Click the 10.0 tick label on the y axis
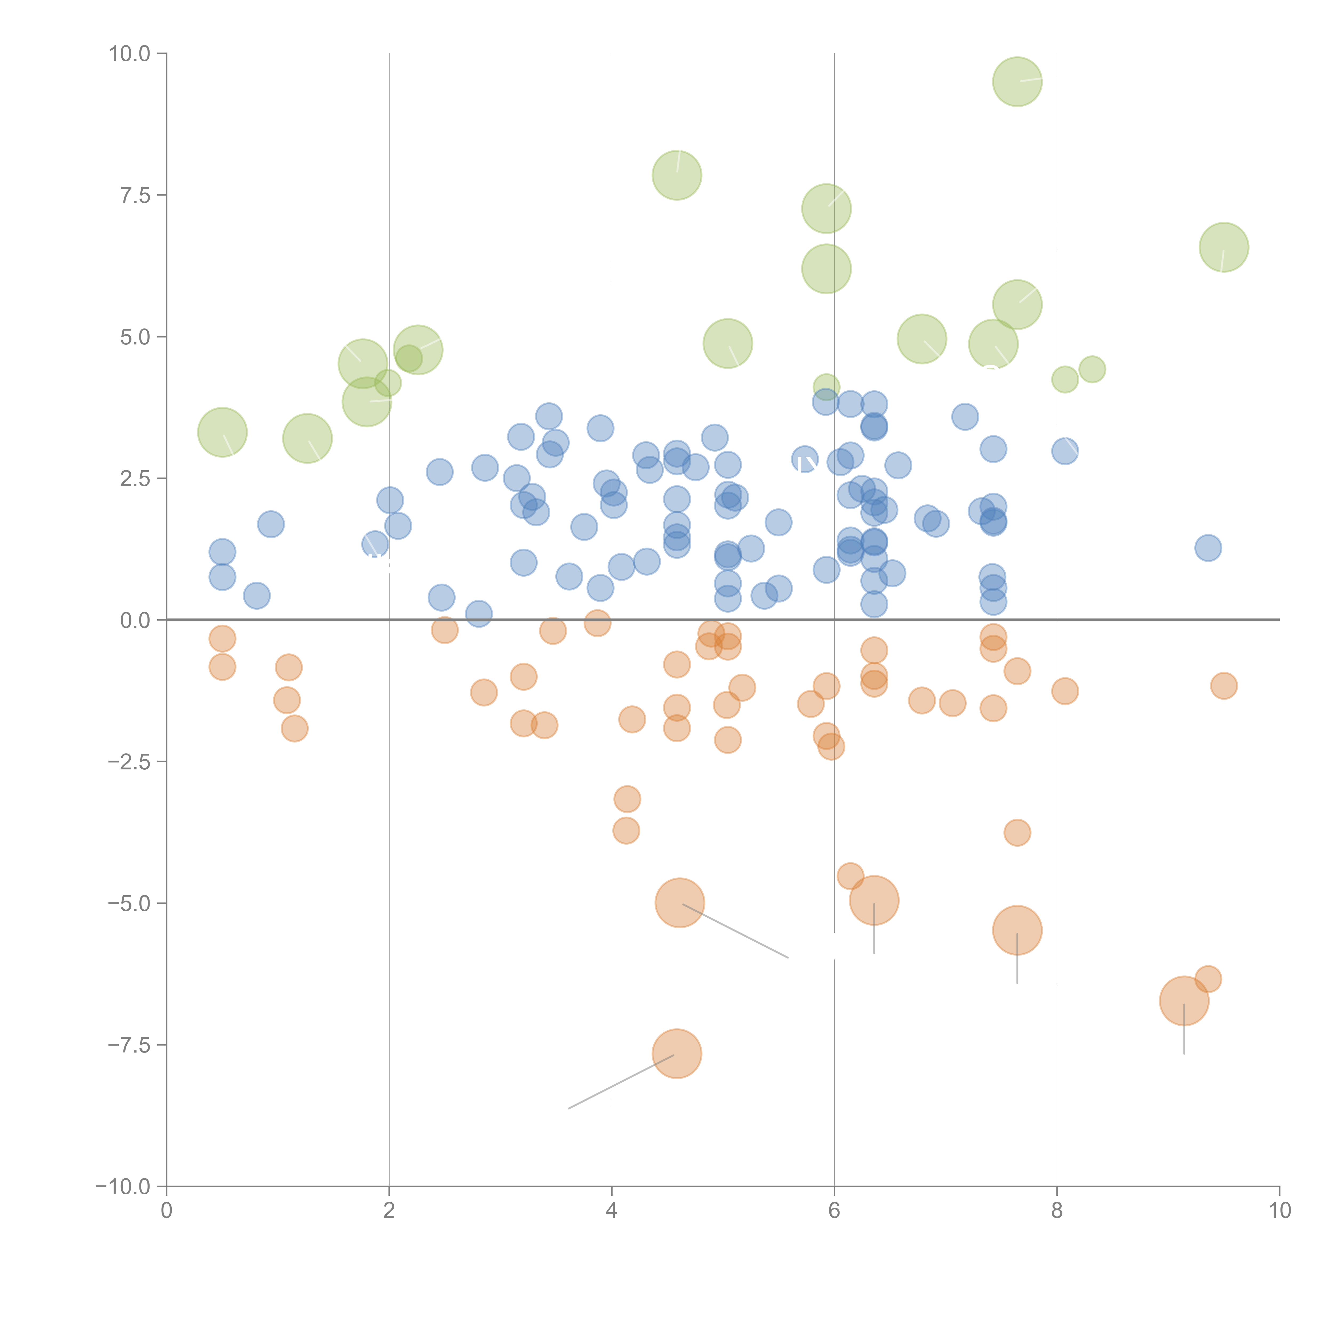(130, 54)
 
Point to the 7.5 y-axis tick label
(135, 195)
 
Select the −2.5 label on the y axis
(130, 762)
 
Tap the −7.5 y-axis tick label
(130, 1045)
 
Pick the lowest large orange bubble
(677, 1054)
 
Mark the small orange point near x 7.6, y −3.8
(1017, 833)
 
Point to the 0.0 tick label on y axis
(135, 620)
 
